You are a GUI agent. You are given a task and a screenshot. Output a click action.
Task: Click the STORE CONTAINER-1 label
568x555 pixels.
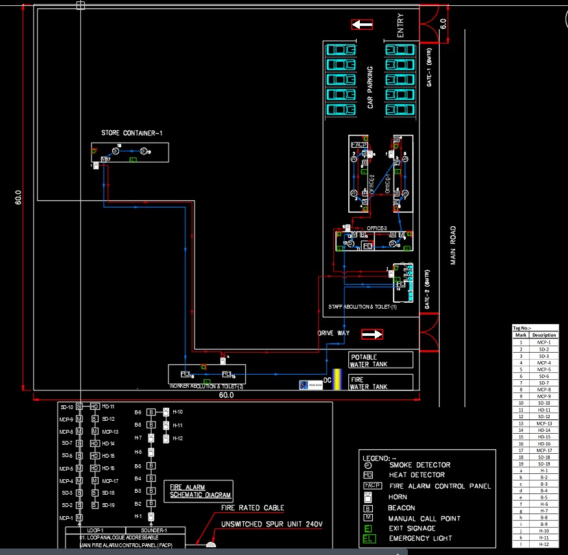coord(132,134)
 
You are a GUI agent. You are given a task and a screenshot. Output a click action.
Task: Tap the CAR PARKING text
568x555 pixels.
coord(370,88)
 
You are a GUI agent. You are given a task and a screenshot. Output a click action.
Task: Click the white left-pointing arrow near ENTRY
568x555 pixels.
coord(362,25)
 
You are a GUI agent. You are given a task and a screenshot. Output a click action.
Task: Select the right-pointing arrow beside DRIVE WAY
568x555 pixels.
coord(372,335)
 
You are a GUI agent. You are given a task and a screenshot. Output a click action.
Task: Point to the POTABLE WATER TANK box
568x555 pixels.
coord(381,360)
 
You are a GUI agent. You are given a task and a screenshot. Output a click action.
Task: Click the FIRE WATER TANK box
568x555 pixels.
coord(381,383)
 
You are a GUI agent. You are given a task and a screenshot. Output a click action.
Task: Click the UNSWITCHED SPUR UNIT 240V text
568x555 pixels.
coord(272,524)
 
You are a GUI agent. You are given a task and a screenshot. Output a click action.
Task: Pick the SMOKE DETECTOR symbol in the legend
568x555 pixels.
coord(368,465)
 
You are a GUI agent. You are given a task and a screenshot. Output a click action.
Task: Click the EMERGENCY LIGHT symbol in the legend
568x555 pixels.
coord(368,538)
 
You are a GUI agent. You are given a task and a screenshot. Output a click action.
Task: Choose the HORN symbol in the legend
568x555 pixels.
coord(368,497)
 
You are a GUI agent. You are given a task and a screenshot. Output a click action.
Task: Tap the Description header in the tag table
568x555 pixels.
coord(545,335)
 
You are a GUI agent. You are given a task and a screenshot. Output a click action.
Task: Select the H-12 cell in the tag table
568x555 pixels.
coord(545,544)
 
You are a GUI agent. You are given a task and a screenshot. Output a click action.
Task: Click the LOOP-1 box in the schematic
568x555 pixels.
coord(95,530)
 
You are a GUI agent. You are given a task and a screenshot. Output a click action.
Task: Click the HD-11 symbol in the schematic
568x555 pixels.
coord(94,407)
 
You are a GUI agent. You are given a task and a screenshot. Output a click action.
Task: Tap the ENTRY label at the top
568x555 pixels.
coord(400,25)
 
